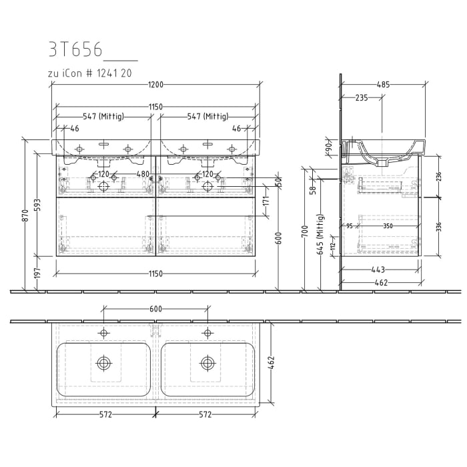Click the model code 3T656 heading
tap(75, 50)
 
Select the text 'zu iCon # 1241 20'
tap(89, 73)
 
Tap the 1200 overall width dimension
tap(156, 85)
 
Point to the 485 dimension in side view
tap(383, 85)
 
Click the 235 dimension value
tap(362, 97)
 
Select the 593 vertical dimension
tap(37, 203)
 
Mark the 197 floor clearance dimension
tap(37, 273)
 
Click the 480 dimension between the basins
tap(143, 175)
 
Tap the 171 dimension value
tap(265, 201)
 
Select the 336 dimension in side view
tap(438, 227)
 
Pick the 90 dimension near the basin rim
tap(329, 147)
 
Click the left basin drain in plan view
tap(103, 362)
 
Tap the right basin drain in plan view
tap(207, 362)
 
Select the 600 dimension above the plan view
tap(155, 309)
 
